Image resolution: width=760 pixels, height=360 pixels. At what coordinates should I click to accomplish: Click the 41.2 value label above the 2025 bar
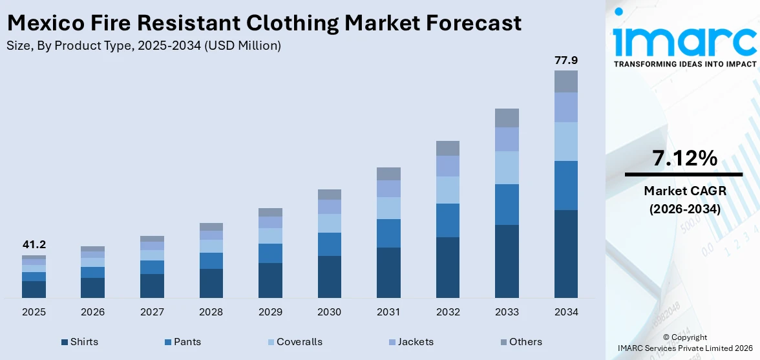click(x=34, y=245)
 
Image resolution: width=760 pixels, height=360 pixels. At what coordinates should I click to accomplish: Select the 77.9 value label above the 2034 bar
click(x=565, y=60)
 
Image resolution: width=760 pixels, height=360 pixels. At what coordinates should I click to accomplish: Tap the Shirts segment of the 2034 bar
click(x=565, y=253)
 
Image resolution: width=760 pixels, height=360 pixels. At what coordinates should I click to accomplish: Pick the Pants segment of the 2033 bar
click(x=507, y=204)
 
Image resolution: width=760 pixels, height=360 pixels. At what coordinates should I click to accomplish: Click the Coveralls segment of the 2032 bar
click(x=448, y=190)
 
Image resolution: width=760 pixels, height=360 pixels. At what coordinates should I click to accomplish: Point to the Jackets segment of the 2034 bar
click(x=565, y=107)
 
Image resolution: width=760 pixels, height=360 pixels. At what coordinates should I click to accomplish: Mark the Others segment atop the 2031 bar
click(x=388, y=174)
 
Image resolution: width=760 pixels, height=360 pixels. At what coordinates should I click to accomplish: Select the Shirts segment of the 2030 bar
click(x=329, y=277)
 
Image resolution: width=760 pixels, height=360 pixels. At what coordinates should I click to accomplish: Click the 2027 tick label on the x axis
click(x=152, y=312)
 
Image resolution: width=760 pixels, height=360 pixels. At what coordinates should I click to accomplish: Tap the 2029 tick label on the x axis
click(x=270, y=312)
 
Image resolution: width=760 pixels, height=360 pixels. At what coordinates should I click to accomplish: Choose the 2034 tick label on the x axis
click(x=565, y=312)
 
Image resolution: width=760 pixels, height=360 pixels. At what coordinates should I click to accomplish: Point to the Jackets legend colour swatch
click(x=392, y=342)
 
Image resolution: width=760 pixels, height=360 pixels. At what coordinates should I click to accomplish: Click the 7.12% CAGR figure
click(x=684, y=158)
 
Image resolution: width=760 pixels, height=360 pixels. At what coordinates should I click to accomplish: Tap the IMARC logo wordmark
click(x=684, y=40)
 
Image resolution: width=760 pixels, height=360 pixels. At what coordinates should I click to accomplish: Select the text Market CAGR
click(x=684, y=191)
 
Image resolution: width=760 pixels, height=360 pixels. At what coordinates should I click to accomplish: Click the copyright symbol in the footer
click(x=667, y=337)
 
